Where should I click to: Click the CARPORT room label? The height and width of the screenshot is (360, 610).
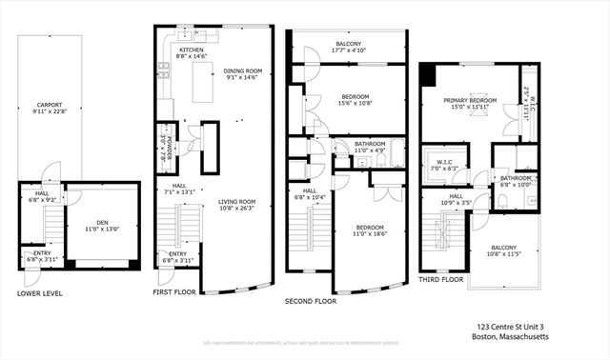pos(50,105)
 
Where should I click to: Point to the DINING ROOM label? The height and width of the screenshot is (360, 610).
pos(242,70)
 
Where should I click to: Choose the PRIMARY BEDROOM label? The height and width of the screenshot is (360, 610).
pos(469,100)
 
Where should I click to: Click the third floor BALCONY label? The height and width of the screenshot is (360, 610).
pos(504,248)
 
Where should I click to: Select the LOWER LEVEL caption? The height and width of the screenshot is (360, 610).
pos(40,293)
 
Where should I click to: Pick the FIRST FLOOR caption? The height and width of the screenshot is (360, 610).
pos(175,291)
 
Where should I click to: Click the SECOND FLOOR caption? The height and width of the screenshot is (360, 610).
pos(312,300)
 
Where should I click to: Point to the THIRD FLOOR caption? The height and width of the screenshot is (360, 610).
pos(441,279)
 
